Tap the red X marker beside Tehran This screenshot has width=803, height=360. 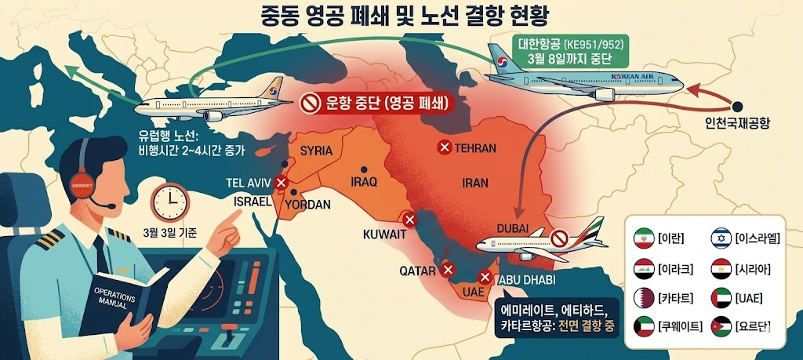[x=445, y=147]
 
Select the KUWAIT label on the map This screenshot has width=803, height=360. [x=384, y=234]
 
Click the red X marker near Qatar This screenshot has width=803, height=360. [x=449, y=270]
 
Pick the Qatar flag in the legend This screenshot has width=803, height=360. [x=645, y=297]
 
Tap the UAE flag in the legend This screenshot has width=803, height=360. [x=721, y=297]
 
